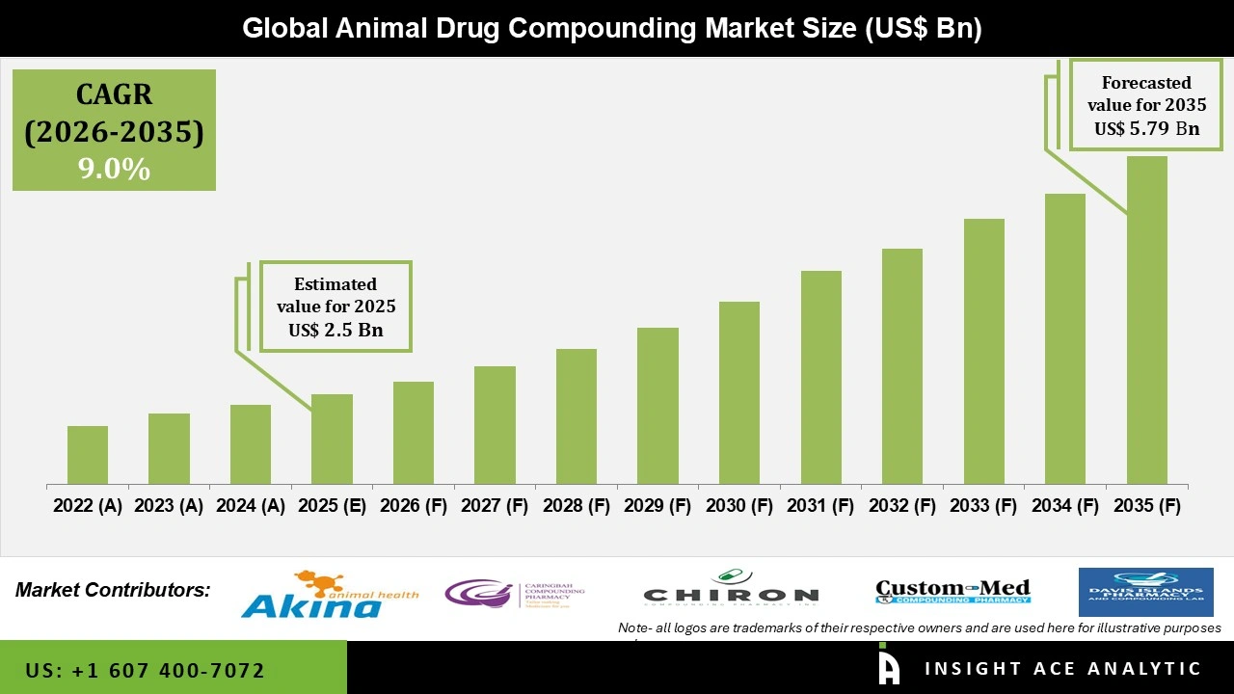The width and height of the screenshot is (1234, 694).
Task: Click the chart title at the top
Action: pyautogui.click(x=611, y=28)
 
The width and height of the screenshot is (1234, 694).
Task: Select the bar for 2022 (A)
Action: pyautogui.click(x=88, y=455)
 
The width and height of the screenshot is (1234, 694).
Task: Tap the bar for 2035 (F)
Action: pyautogui.click(x=1146, y=320)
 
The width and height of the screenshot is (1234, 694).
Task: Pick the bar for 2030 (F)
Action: pyautogui.click(x=739, y=392)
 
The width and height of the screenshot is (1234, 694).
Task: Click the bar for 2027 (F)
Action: pyautogui.click(x=495, y=425)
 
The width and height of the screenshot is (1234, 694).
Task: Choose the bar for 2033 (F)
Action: pyautogui.click(x=983, y=351)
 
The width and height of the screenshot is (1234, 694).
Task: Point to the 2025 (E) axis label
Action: pyautogui.click(x=332, y=506)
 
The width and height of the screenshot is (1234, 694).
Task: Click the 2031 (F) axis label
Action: pyautogui.click(x=820, y=506)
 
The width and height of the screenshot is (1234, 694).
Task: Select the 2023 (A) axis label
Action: pyautogui.click(x=169, y=506)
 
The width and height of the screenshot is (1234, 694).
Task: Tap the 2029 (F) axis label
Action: pyautogui.click(x=657, y=506)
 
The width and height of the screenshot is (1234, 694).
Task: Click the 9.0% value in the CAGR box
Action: pyautogui.click(x=114, y=170)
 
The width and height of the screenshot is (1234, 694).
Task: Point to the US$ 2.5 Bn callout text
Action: pyautogui.click(x=335, y=330)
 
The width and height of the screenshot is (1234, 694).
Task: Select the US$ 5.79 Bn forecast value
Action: pyautogui.click(x=1145, y=128)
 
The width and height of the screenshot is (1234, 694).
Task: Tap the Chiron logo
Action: pyautogui.click(x=731, y=590)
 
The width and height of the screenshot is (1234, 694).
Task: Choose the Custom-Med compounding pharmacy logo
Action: pyautogui.click(x=952, y=591)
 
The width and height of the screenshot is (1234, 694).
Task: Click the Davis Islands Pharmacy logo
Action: pyautogui.click(x=1145, y=592)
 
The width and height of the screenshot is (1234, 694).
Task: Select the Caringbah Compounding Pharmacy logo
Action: pyautogui.click(x=514, y=593)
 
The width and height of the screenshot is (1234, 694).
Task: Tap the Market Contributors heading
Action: pyautogui.click(x=113, y=590)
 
